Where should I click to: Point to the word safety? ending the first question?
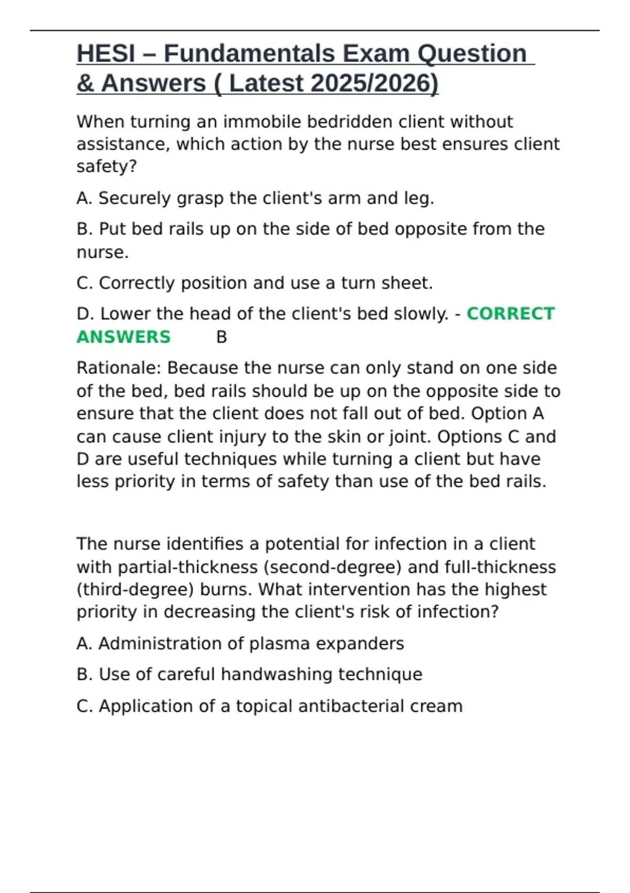107,167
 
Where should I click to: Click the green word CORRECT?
510,314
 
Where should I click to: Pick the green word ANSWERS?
123,337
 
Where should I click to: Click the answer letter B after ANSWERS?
222,337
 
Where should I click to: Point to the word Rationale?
119,368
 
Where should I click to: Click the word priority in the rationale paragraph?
144,482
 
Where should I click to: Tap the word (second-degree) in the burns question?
333,567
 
